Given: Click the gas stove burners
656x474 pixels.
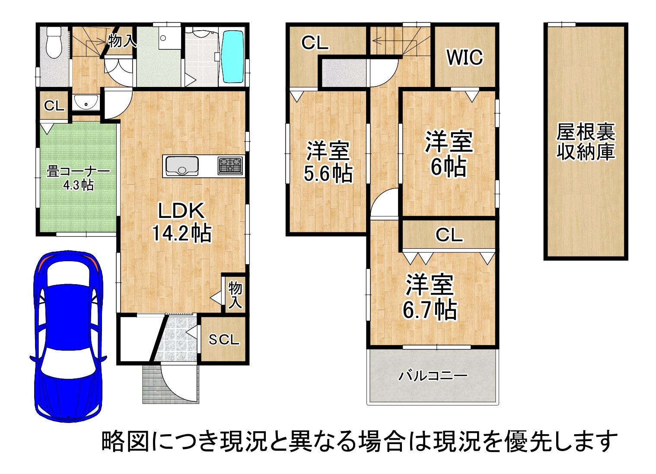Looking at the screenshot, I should point(230,166).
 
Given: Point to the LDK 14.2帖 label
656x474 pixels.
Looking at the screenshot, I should point(181,222).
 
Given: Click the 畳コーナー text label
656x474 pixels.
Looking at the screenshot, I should point(78,172).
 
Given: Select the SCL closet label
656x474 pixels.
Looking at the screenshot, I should point(224,340).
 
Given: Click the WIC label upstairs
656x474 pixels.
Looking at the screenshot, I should point(465,58).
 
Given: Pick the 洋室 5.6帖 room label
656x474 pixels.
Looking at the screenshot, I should point(328,162).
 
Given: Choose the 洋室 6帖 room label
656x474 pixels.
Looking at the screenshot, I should point(449,154).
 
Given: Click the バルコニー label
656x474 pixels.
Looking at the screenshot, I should point(433,375).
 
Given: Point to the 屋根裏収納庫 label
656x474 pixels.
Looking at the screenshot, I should point(586,141).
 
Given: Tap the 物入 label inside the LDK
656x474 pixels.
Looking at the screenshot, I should point(235,295).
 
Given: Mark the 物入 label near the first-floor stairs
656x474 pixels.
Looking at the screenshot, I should point(122,42).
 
